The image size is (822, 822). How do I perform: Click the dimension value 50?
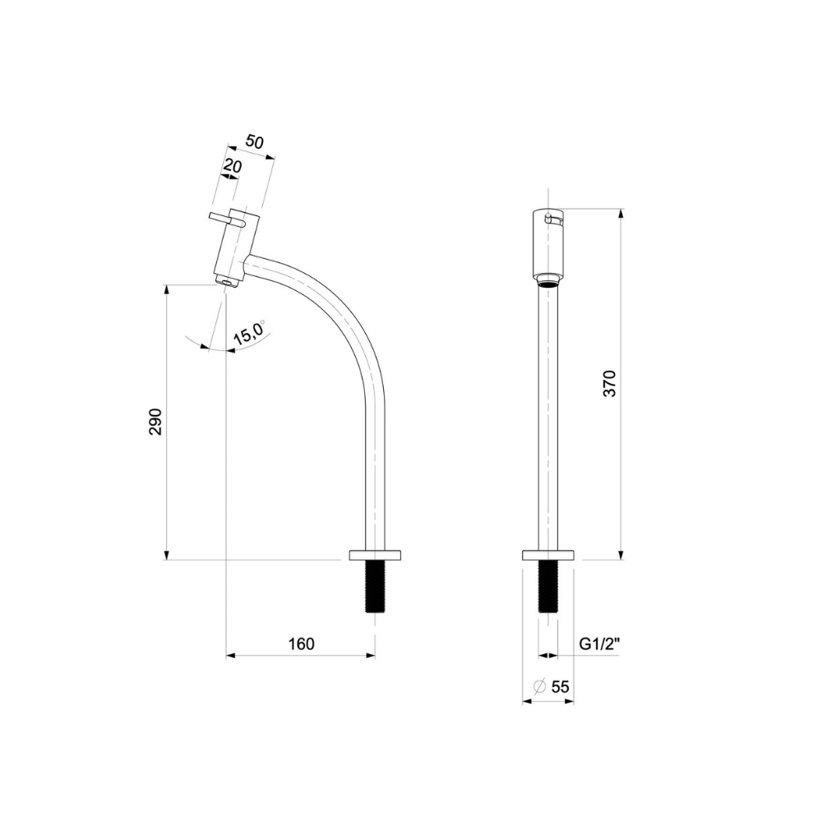255,142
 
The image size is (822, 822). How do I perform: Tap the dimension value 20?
233,166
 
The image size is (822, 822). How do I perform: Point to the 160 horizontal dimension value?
302,644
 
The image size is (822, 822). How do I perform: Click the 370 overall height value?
611,383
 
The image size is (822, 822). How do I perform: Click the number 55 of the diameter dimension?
560,686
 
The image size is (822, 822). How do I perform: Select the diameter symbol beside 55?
539,686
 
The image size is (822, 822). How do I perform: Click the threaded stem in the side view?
375,585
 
